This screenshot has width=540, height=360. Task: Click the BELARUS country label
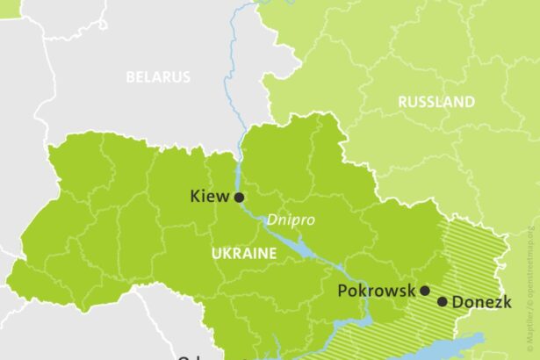pos(158,77)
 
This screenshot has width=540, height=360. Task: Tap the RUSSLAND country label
pos(436,102)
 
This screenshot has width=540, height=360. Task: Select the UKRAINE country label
pos(243,253)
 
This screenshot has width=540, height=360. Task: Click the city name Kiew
pos(209,197)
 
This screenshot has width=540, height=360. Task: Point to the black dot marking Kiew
pos(239,198)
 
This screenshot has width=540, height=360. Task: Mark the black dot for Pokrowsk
pos(424,291)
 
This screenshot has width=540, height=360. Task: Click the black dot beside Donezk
pos(442,302)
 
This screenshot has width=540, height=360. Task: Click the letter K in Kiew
pos(195,197)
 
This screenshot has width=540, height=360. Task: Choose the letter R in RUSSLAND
pos(403,102)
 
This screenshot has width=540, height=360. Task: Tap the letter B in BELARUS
pos(130,77)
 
